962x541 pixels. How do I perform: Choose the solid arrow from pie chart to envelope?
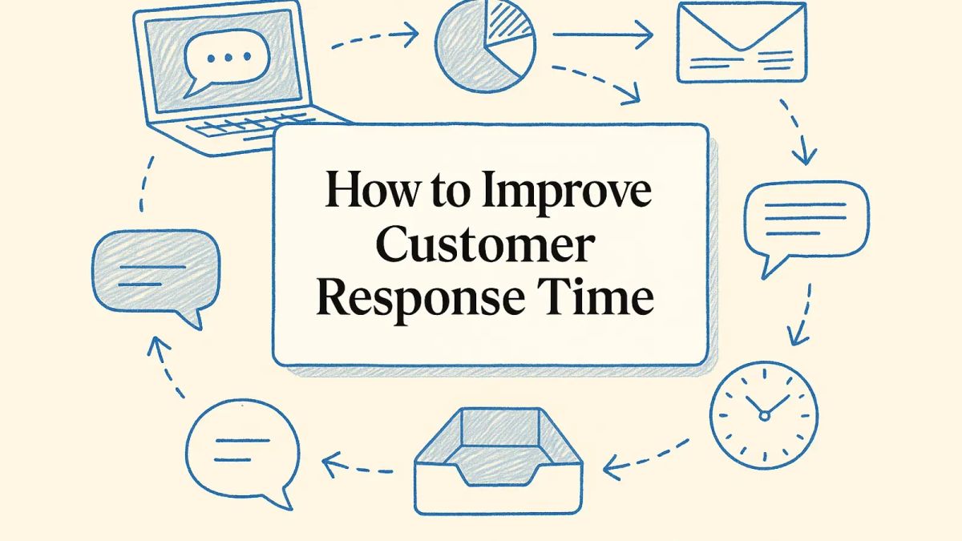coord(604,35)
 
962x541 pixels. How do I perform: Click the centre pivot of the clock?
coord(764,415)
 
